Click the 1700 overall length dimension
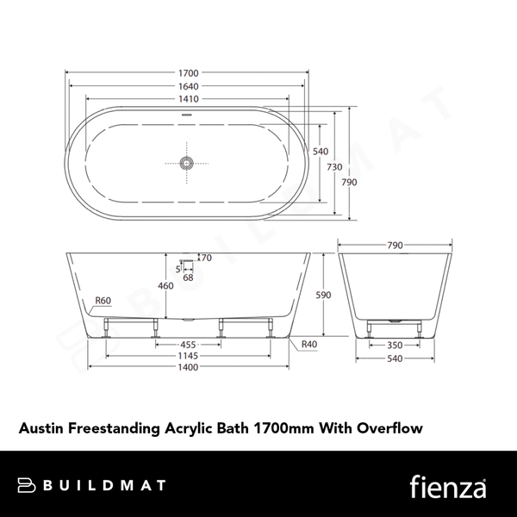(x=187, y=74)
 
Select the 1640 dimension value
(x=187, y=86)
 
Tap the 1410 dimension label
(x=187, y=98)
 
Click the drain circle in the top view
(x=187, y=162)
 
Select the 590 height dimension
(x=323, y=295)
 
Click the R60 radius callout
(x=103, y=301)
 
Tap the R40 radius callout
(x=308, y=345)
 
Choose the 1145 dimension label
(x=187, y=355)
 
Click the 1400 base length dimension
(x=187, y=367)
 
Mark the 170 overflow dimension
(x=204, y=257)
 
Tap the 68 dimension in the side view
(x=187, y=277)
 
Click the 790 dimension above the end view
(x=395, y=246)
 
